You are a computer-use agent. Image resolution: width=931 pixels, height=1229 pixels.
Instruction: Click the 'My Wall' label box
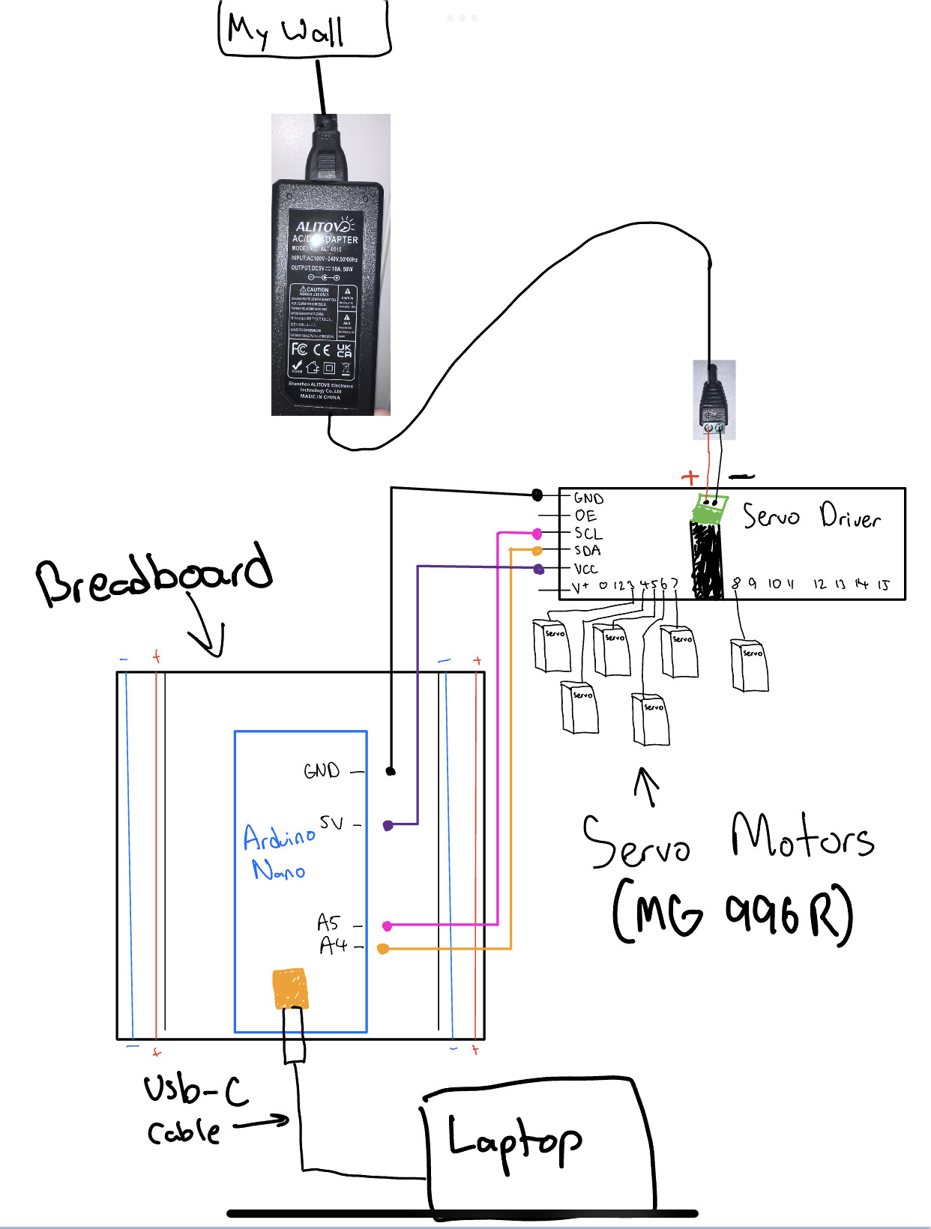pyautogui.click(x=304, y=30)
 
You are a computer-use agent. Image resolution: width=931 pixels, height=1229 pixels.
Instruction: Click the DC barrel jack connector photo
pyautogui.click(x=714, y=399)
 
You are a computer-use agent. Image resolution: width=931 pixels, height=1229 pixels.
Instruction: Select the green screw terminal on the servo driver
pyautogui.click(x=708, y=510)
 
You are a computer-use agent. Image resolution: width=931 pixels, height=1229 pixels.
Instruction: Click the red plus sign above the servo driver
pyautogui.click(x=690, y=477)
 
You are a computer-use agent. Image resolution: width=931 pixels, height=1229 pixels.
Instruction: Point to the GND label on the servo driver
pyautogui.click(x=588, y=498)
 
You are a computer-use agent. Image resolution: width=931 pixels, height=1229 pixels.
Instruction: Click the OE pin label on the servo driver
pyautogui.click(x=585, y=516)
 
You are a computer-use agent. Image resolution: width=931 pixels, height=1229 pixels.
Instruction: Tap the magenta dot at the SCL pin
pyautogui.click(x=537, y=534)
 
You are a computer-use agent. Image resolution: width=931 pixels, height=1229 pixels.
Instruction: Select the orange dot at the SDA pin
pyautogui.click(x=537, y=551)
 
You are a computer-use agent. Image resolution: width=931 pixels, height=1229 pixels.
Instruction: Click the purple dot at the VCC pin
pyautogui.click(x=539, y=570)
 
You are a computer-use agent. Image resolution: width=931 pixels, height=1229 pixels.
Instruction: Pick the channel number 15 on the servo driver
pyautogui.click(x=883, y=585)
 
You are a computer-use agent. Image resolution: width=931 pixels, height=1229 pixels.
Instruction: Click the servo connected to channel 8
pyautogui.click(x=750, y=665)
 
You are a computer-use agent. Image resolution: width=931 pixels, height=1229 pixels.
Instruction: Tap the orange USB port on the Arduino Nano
pyautogui.click(x=290, y=989)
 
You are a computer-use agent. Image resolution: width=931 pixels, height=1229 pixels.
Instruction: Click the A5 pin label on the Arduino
pyautogui.click(x=328, y=922)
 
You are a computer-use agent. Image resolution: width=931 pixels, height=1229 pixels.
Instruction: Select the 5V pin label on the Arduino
pyautogui.click(x=331, y=823)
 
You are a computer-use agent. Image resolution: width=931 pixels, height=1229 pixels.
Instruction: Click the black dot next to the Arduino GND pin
pyautogui.click(x=391, y=771)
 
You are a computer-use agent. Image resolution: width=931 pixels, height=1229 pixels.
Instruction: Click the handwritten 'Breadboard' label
pyautogui.click(x=154, y=576)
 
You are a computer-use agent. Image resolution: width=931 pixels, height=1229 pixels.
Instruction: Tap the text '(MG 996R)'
pyautogui.click(x=732, y=914)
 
